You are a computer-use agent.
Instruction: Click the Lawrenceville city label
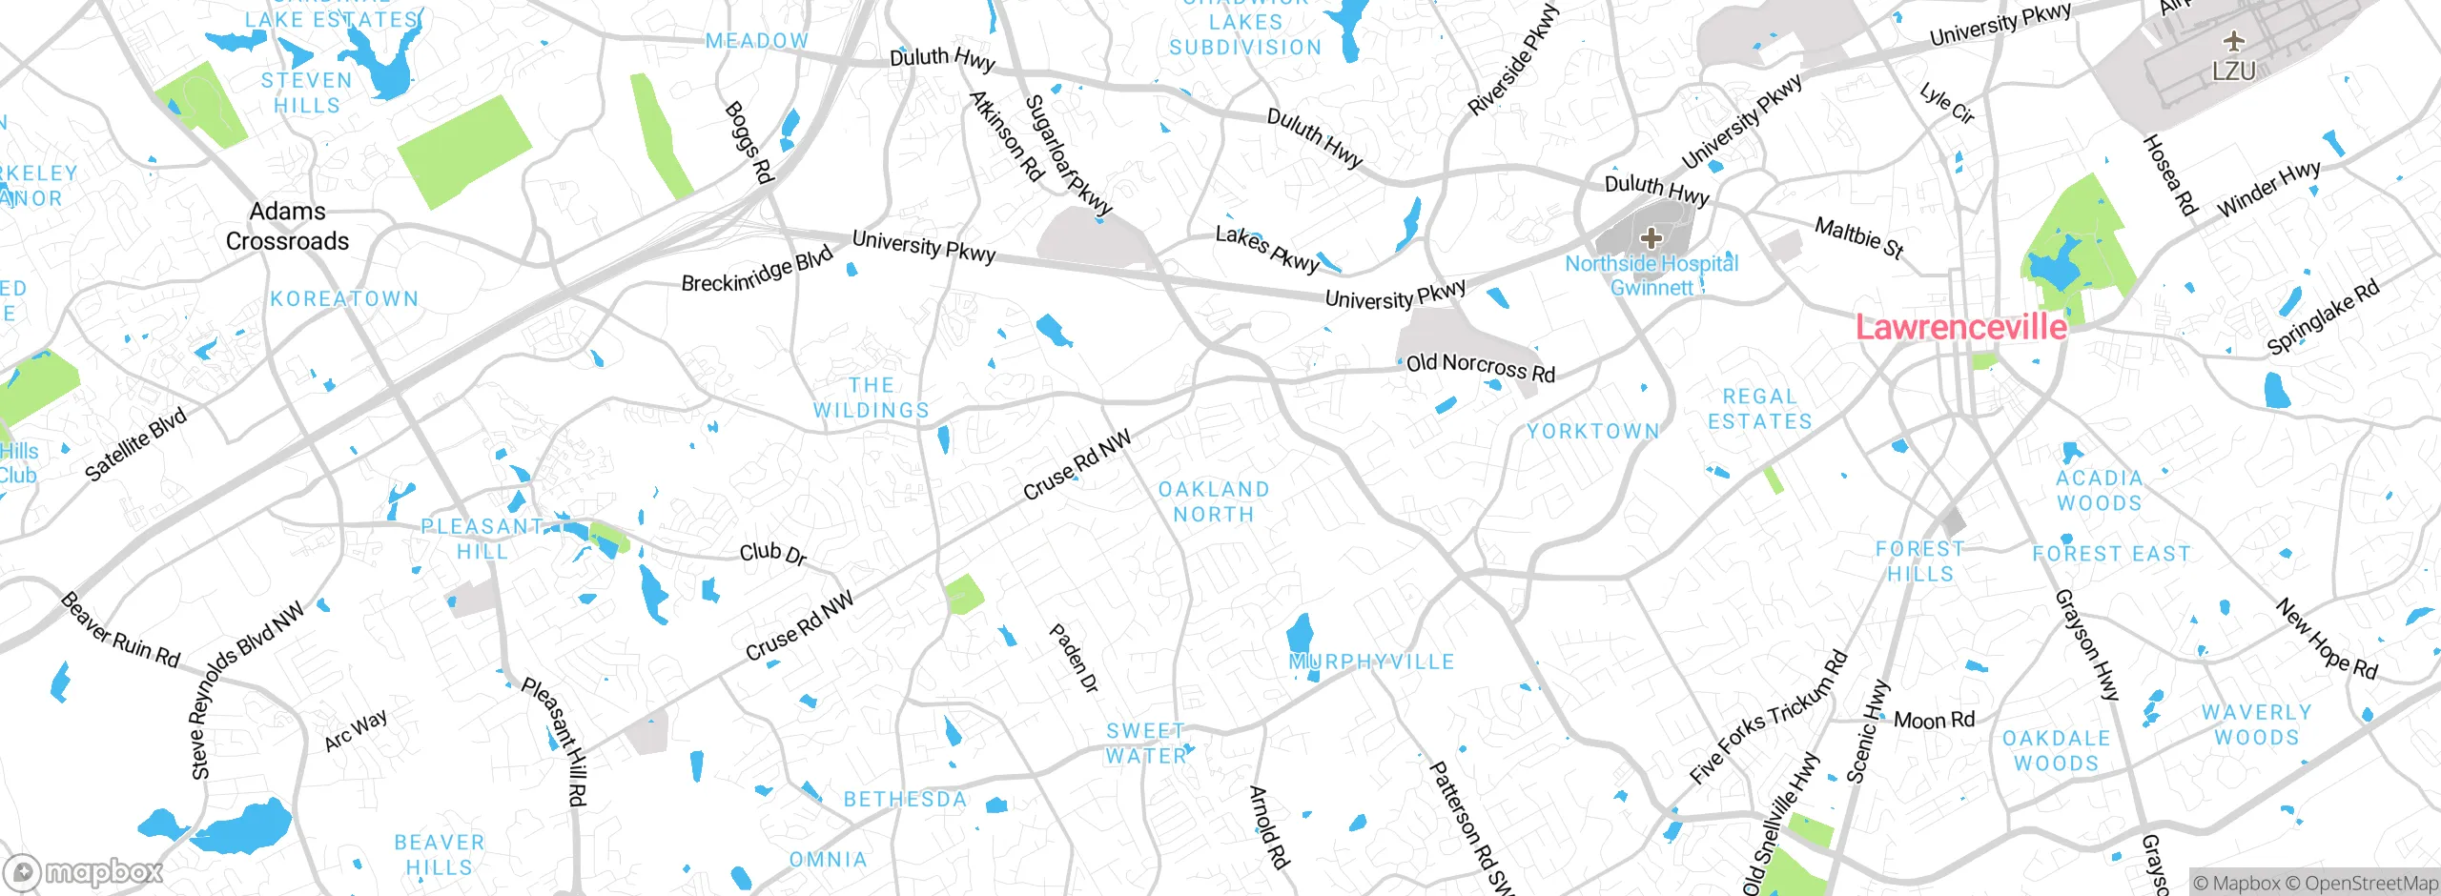point(1960,327)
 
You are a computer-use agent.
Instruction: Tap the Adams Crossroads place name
point(287,226)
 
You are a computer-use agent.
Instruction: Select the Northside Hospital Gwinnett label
point(1651,275)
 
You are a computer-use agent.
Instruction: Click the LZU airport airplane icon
point(2233,41)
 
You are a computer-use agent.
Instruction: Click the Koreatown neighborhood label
point(344,298)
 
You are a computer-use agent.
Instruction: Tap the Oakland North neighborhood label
point(1213,501)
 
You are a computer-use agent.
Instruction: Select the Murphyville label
point(1371,662)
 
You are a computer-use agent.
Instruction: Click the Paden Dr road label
point(1074,658)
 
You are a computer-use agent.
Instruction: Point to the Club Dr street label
point(773,554)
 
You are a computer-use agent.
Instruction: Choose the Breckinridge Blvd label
point(757,271)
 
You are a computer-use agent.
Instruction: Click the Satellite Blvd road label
point(135,444)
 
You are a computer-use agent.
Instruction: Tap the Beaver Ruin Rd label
point(120,630)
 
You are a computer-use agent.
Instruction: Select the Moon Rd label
point(1934,720)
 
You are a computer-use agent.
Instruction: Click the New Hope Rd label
point(2327,639)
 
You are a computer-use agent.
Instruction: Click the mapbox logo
point(84,871)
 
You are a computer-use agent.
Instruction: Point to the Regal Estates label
point(1759,409)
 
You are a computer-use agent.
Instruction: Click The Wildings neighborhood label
point(871,397)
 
